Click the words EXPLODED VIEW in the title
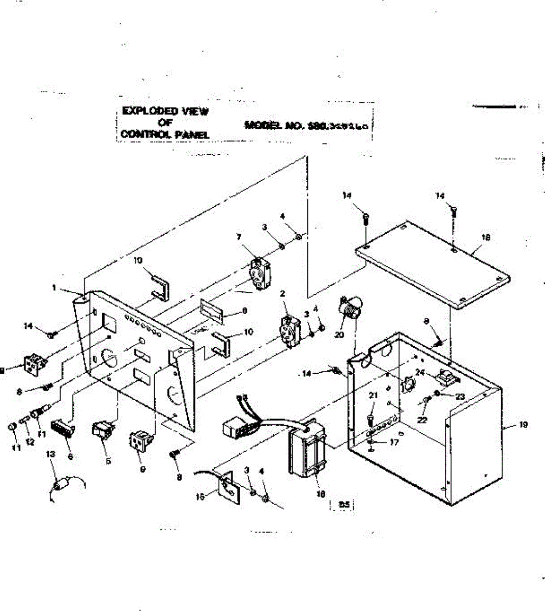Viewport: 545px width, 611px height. pyautogui.click(x=165, y=112)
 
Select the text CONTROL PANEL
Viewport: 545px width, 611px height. pyautogui.click(x=165, y=134)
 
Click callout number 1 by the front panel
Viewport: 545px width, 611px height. pyautogui.click(x=54, y=288)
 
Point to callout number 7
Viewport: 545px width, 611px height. pyautogui.click(x=238, y=251)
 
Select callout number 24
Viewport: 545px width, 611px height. pyautogui.click(x=420, y=372)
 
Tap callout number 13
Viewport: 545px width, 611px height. pyautogui.click(x=50, y=453)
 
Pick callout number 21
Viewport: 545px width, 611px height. pyautogui.click(x=372, y=409)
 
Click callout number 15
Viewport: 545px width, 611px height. pyautogui.click(x=202, y=495)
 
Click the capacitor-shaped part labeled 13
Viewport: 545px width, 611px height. pyautogui.click(x=61, y=484)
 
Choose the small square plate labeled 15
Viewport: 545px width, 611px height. pyautogui.click(x=226, y=485)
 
